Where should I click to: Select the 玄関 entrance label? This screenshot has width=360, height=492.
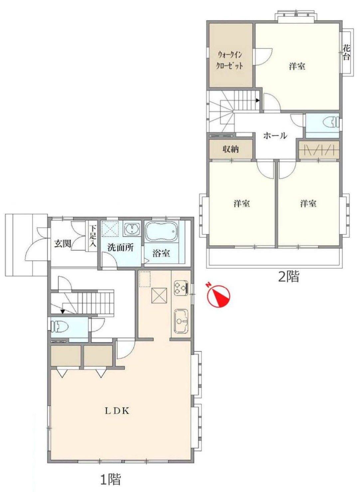point(63,243)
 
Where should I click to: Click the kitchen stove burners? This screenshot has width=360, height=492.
point(181,288)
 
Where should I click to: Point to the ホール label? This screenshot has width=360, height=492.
point(275,136)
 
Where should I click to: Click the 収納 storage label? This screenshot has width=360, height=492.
point(231,150)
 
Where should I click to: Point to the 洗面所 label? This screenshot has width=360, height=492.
point(120,248)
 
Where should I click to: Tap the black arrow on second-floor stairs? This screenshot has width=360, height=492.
point(258,100)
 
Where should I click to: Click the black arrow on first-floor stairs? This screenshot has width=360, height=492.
point(63,311)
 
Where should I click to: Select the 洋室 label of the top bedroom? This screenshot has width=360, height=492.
point(297,66)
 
